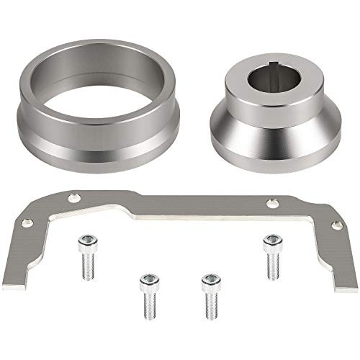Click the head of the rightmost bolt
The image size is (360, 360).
click(271, 240)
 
